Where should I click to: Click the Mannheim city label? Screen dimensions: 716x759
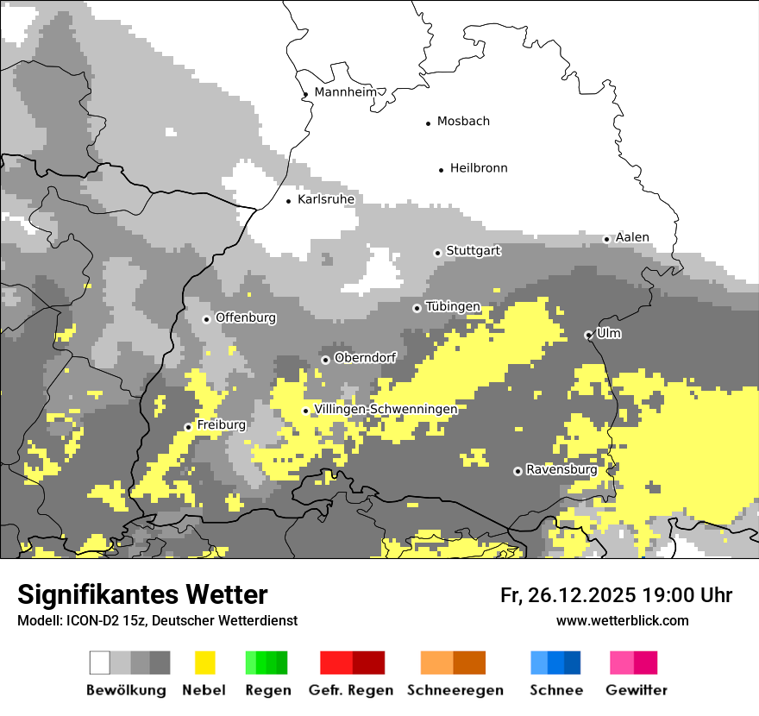(x=346, y=92)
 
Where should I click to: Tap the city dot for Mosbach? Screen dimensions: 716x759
(x=428, y=123)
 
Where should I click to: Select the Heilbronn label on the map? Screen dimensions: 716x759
(x=479, y=168)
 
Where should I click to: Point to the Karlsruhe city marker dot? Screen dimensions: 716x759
(x=289, y=201)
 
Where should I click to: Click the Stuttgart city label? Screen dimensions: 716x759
(x=474, y=251)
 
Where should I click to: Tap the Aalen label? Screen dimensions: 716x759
(x=632, y=237)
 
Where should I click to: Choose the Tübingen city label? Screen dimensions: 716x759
(x=453, y=307)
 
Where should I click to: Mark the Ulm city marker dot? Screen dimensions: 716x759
(x=588, y=335)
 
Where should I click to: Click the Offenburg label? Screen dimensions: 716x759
(x=246, y=317)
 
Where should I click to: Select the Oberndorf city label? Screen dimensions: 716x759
(x=365, y=358)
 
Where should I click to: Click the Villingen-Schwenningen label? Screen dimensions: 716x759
(x=386, y=409)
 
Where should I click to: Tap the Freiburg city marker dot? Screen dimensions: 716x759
(x=188, y=427)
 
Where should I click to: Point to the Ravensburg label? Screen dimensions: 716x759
(x=561, y=470)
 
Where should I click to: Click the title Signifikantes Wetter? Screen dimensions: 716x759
(x=142, y=594)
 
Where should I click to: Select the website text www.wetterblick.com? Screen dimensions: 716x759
(x=622, y=620)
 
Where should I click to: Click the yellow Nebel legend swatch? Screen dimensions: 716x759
(x=204, y=663)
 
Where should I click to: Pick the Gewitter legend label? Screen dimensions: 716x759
(x=636, y=690)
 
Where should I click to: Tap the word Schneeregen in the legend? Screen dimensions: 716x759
(x=455, y=690)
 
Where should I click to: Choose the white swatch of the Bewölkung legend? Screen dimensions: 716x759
(x=100, y=663)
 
